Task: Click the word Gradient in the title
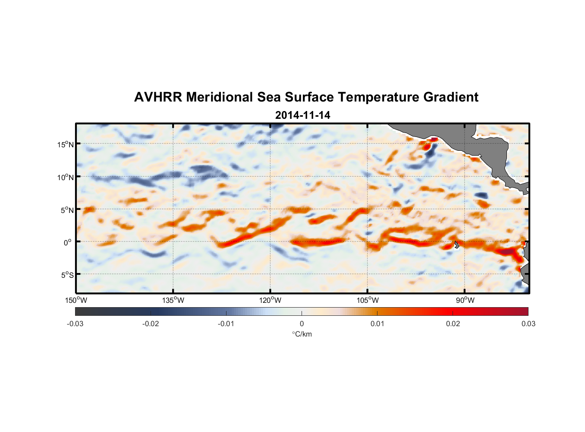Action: click(451, 97)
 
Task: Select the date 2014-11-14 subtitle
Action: click(302, 115)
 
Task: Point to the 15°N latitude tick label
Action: click(65, 144)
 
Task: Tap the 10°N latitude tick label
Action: click(65, 177)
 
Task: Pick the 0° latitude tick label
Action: click(68, 243)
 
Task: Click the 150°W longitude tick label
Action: click(76, 300)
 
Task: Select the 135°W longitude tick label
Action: click(173, 300)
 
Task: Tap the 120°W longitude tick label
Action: click(270, 300)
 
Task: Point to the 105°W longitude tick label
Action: click(368, 300)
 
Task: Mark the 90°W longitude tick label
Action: click(465, 300)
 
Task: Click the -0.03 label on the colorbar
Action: click(75, 324)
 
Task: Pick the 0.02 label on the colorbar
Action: click(453, 324)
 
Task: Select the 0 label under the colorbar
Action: click(302, 324)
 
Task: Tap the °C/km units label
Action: click(302, 334)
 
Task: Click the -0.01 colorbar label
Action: click(226, 324)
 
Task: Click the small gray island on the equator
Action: click(456, 245)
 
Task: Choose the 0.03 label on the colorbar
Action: click(528, 324)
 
